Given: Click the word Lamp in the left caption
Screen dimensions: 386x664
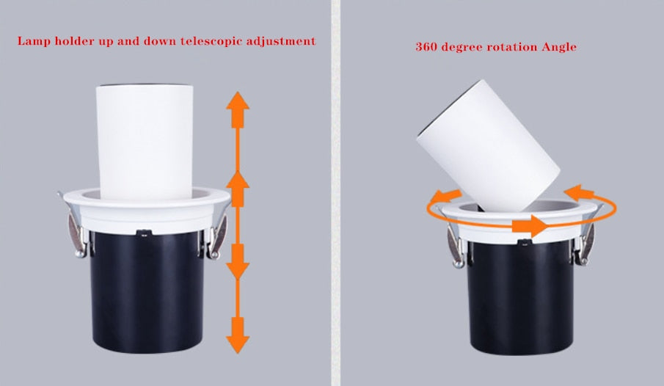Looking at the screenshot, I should tap(33, 41).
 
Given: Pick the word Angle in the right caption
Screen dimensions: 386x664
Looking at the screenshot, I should tap(559, 47).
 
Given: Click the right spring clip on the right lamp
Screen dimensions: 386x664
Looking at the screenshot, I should tap(587, 238).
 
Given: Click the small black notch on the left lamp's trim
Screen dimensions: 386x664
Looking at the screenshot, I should tap(144, 234).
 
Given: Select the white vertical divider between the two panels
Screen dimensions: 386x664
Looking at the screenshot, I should tap(335, 193).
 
